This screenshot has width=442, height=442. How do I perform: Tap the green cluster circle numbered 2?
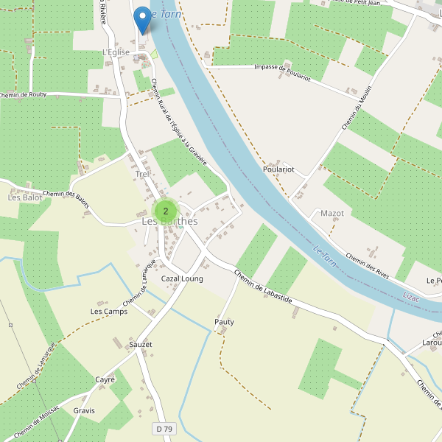(165, 211)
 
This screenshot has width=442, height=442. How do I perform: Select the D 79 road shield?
(164, 429)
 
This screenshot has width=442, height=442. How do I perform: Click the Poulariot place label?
(278, 169)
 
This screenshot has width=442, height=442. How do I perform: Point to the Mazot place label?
(332, 213)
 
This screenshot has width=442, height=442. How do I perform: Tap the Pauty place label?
(224, 322)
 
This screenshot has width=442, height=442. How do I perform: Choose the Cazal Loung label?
(182, 279)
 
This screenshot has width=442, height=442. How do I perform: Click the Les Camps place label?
(109, 312)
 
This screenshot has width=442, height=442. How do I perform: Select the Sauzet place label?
(140, 344)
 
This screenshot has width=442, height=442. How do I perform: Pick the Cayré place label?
(105, 379)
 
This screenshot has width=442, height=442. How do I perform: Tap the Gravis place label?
(84, 410)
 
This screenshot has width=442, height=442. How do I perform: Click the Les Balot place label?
(25, 197)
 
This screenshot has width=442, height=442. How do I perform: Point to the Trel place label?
(142, 174)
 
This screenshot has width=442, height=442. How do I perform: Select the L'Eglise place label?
(116, 52)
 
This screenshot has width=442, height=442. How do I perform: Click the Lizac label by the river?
(413, 296)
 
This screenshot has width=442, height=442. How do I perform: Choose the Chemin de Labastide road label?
(263, 287)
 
